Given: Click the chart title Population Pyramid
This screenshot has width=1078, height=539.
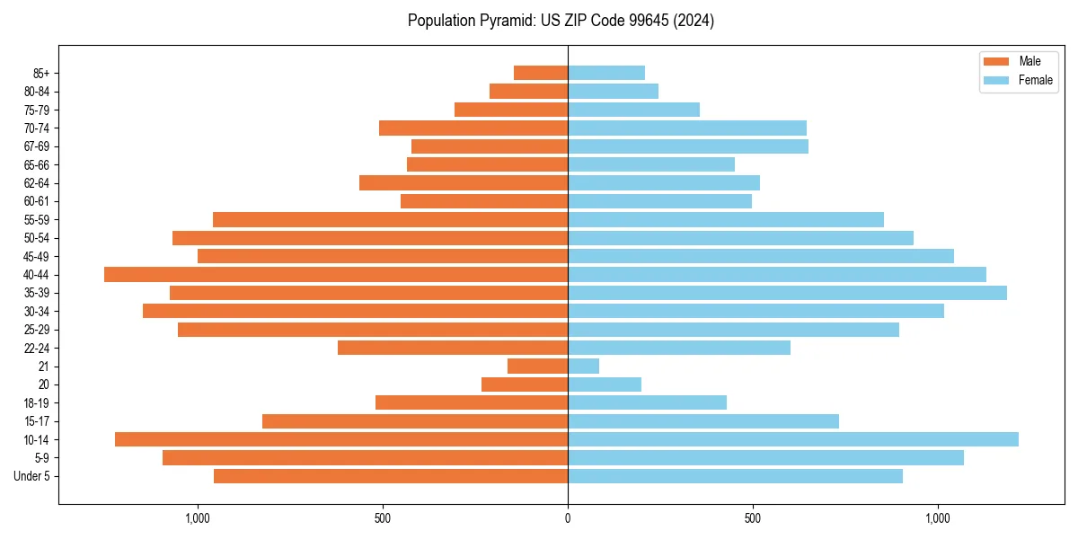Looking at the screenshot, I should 561,21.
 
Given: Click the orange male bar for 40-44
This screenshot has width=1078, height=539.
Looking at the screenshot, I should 336,275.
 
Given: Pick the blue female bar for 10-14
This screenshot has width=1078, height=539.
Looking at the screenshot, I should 792,439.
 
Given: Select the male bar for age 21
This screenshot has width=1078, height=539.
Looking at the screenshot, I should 537,367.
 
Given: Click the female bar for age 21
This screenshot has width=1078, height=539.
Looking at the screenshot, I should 583,367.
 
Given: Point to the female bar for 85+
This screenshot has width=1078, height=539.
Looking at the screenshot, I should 605,73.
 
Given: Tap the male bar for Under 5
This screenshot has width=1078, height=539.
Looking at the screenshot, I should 391,476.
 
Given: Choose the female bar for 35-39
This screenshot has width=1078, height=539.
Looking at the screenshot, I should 787,293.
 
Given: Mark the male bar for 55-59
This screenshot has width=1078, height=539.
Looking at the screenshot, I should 390,220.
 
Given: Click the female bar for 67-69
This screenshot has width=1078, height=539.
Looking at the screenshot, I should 687,146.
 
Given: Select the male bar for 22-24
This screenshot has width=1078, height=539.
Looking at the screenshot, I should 453,348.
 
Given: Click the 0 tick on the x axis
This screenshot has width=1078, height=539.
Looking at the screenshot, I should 568,518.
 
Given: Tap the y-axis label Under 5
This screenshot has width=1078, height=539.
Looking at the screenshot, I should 32,476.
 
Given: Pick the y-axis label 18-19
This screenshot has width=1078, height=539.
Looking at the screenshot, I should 37,402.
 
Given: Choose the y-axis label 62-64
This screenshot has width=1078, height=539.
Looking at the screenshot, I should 37,183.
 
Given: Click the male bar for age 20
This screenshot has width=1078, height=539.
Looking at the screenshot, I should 525,384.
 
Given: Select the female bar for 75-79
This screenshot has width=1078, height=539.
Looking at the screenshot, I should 633,110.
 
